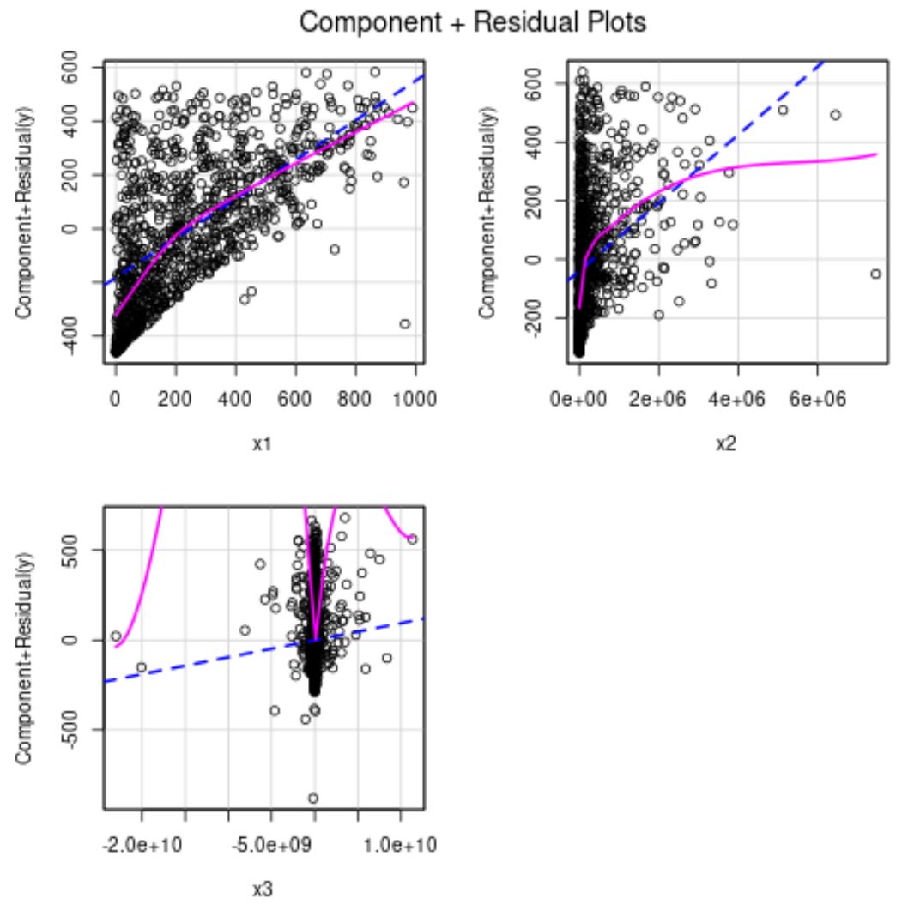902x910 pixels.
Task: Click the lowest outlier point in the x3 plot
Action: coord(313,798)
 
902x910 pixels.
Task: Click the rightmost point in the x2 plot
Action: coord(875,274)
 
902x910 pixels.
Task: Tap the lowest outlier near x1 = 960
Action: coord(404,323)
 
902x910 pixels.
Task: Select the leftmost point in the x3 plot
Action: coord(116,636)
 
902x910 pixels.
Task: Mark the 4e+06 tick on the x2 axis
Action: coord(737,397)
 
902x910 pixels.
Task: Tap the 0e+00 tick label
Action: coord(580,397)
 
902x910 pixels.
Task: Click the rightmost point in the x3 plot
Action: coord(412,539)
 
